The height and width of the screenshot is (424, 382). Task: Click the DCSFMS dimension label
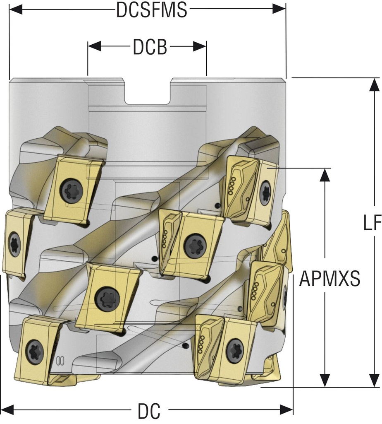(151, 11)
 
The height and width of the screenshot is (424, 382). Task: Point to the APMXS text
(329, 279)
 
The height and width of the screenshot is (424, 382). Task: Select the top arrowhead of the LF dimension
(375, 84)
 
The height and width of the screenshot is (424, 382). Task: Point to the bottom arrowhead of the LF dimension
(375, 381)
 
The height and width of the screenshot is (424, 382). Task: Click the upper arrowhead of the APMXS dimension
(326, 175)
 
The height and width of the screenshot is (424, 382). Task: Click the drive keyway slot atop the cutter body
(148, 93)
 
